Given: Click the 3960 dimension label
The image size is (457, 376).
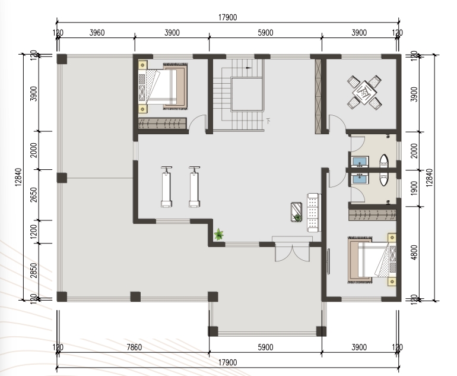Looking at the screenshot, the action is pos(97,33).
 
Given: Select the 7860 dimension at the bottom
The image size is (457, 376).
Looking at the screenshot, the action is pos(134,347).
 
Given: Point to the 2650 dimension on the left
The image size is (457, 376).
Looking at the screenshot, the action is pos(34,195).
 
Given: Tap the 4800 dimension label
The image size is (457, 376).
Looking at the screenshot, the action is pos(413,252).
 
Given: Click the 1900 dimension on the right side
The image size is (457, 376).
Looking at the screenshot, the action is pos(413,188).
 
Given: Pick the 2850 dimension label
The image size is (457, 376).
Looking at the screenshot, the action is pos(34,270).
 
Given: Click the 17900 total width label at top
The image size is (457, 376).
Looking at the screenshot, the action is pos(228,17).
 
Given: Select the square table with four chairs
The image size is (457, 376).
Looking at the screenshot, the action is pos(364,92).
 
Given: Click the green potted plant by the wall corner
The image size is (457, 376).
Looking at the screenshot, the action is pos(218,234).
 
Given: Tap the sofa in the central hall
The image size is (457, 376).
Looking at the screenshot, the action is pos(313,213).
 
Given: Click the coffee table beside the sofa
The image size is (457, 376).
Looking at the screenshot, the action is pos(296,212).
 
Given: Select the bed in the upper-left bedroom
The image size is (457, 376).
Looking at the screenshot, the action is pos(163,87).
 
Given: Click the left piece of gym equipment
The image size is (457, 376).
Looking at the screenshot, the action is pos(166,187).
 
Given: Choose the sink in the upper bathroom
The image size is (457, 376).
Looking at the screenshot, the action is pos(360,162).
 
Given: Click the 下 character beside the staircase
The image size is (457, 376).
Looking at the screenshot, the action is pos(268,121).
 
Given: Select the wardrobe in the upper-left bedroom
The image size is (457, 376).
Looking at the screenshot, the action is pos(162,124).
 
